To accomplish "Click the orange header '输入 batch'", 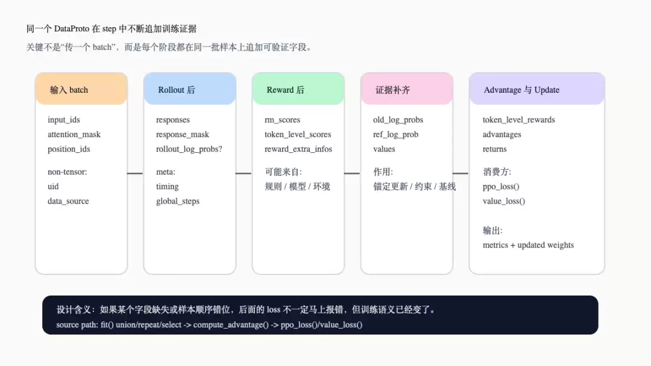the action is (x=81, y=89).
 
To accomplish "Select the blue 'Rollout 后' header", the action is (x=190, y=89).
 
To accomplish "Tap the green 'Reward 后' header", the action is (x=298, y=89).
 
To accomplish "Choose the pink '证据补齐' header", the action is (x=407, y=89).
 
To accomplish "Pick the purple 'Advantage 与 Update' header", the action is (x=537, y=89).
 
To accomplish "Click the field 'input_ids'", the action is (x=63, y=120).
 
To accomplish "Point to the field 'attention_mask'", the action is (x=74, y=134).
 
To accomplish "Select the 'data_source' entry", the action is (x=68, y=201).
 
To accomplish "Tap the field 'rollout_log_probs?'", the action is (x=189, y=149).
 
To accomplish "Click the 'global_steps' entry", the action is (x=178, y=201).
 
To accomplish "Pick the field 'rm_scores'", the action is (x=282, y=120).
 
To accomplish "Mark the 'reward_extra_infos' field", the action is (x=298, y=149).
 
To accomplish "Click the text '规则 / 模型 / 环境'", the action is (x=297, y=187).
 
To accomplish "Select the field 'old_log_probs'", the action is (x=398, y=120).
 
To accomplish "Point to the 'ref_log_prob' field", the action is (x=395, y=134).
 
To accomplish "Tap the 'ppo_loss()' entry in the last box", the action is (x=501, y=187).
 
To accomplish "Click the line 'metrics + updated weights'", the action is (x=528, y=245).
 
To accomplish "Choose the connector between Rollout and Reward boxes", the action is (x=244, y=173).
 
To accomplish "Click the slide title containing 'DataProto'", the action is (x=112, y=29).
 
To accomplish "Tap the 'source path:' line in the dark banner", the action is (x=209, y=324).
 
